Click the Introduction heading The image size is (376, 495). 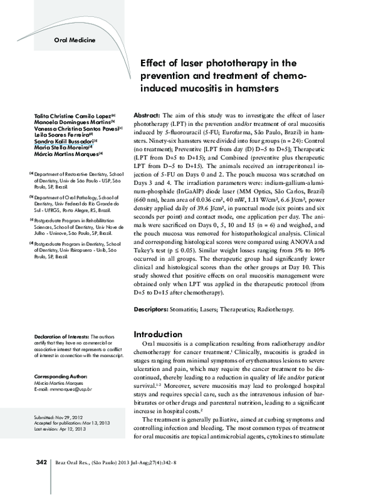coord(162,335)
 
